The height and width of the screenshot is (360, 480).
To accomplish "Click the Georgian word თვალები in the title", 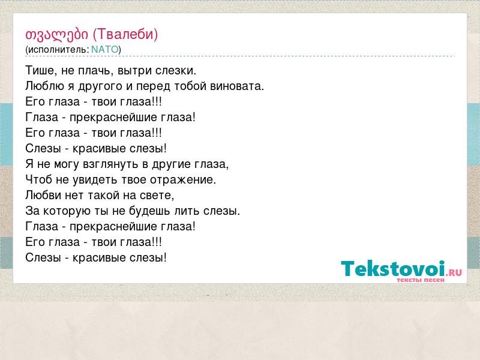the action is pos(56,35).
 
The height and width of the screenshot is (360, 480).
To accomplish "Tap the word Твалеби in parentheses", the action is pos(125,34).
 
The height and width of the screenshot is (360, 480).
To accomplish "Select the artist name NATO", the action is pos(104,49).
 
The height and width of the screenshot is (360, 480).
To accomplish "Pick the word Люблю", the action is pos(44,86).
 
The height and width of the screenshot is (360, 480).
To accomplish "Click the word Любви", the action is pos(43,195).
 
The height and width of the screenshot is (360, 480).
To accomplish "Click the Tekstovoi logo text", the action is pos(393,268).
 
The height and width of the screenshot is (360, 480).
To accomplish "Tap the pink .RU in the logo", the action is pos(454,272).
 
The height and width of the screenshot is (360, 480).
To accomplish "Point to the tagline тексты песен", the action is pos(421,280).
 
